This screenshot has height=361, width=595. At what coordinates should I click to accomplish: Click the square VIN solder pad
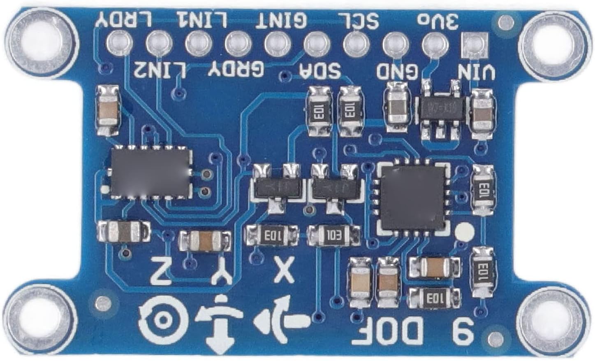point(475,43)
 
